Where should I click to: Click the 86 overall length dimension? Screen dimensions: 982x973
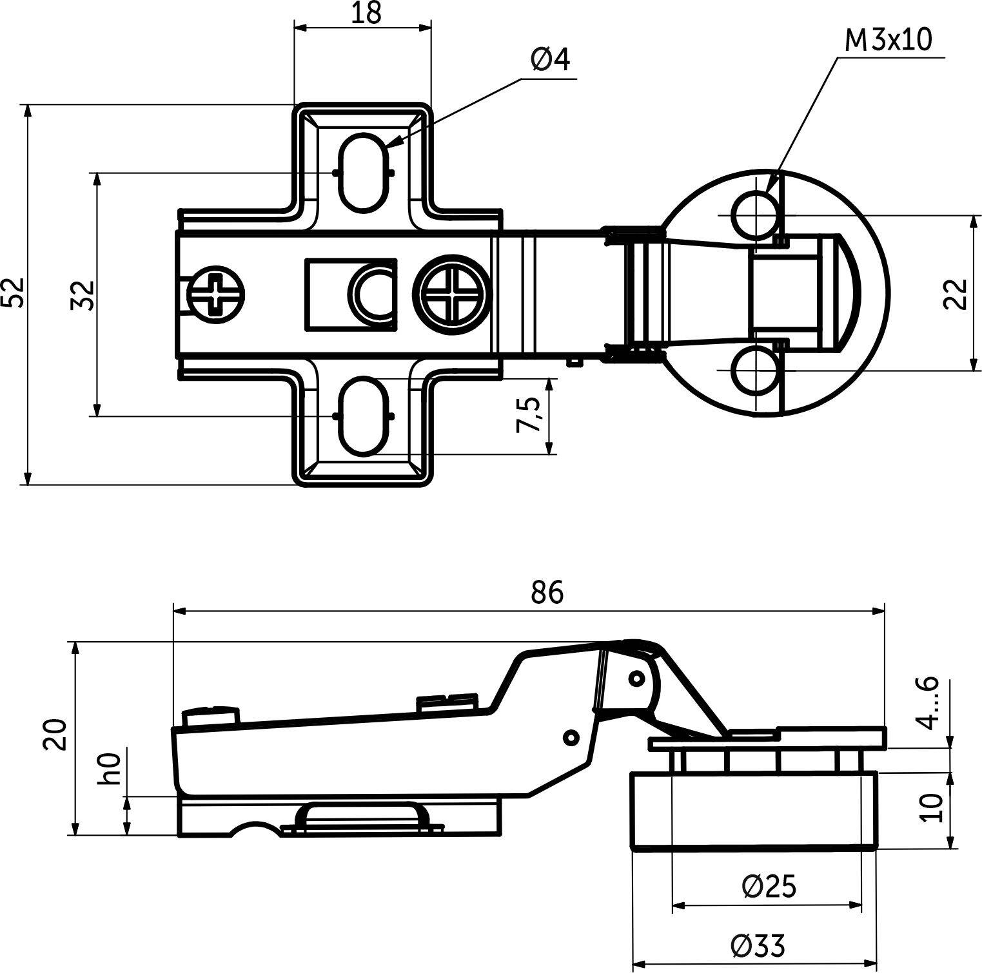pyautogui.click(x=547, y=592)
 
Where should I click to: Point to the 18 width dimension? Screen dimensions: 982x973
pyautogui.click(x=366, y=14)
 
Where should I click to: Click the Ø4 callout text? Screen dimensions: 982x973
pyautogui.click(x=551, y=60)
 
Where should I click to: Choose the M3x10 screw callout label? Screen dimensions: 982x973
pyautogui.click(x=889, y=41)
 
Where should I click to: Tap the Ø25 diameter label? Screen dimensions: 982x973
pyautogui.click(x=769, y=887)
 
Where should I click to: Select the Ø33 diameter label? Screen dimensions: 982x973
pyautogui.click(x=758, y=946)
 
